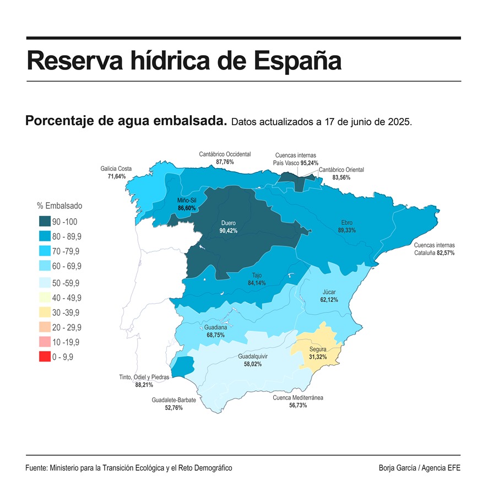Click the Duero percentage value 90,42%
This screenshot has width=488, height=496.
click(x=228, y=231)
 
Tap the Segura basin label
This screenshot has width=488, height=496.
click(x=318, y=349)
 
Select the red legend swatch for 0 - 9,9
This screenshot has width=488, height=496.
click(x=45, y=357)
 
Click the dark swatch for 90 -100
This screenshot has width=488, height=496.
click(x=45, y=222)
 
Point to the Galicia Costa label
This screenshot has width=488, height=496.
click(x=116, y=169)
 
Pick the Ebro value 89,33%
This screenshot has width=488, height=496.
click(x=346, y=230)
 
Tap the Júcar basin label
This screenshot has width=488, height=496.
click(x=329, y=292)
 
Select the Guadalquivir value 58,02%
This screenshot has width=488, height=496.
click(x=253, y=365)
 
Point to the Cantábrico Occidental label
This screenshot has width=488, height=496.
click(x=225, y=154)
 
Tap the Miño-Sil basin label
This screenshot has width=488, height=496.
click(x=187, y=200)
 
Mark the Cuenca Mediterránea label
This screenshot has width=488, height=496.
click(x=298, y=397)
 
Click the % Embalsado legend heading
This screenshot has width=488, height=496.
click(x=59, y=206)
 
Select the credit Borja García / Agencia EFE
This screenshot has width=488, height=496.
click(x=419, y=468)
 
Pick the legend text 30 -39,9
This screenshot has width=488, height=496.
click(x=67, y=312)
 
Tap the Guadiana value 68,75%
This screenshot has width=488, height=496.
click(x=215, y=335)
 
